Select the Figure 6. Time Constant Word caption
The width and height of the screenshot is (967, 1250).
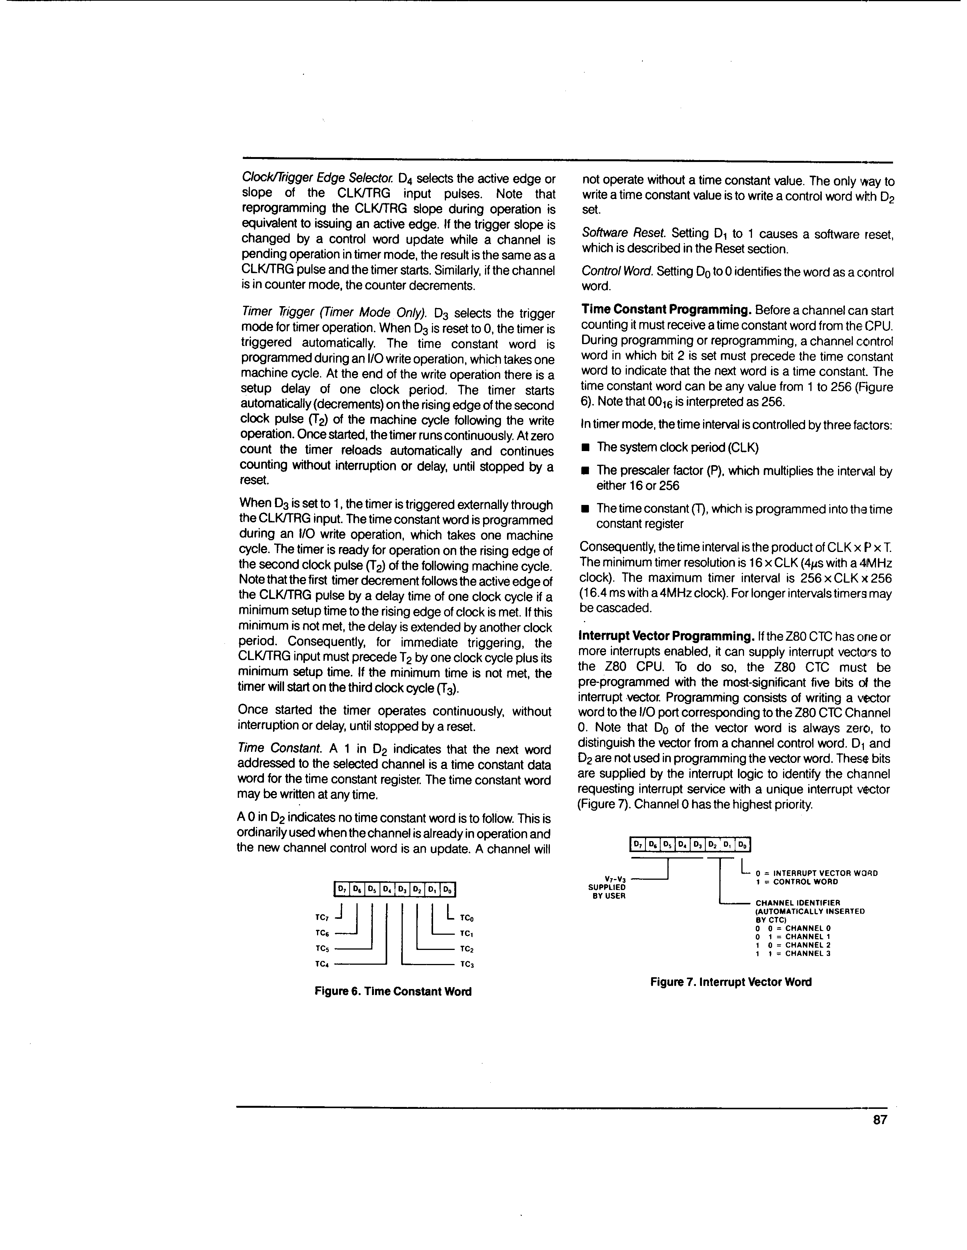coord(393,991)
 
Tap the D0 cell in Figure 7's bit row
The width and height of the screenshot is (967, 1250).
coord(742,844)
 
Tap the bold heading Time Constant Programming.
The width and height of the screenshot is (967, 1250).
coord(666,310)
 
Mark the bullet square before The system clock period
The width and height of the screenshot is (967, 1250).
coord(586,448)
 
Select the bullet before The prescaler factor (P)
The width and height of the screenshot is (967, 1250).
coord(586,471)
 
